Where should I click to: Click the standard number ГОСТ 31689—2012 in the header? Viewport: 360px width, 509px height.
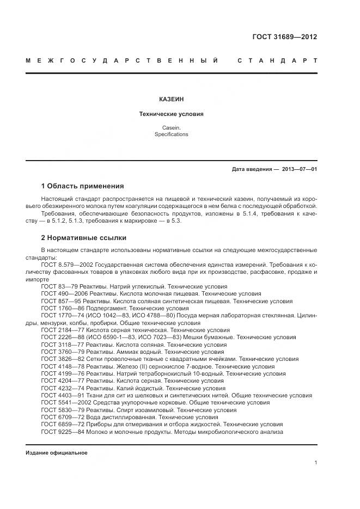click(x=284, y=37)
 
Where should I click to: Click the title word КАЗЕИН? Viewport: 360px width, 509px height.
click(x=171, y=99)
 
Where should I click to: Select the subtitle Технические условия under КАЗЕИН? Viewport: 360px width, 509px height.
click(x=171, y=114)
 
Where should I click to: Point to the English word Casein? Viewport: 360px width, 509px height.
click(x=171, y=127)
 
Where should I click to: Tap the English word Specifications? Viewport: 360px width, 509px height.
click(x=171, y=134)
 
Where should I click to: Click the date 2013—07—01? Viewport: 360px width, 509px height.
click(x=300, y=169)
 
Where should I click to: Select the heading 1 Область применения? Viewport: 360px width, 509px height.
click(x=82, y=186)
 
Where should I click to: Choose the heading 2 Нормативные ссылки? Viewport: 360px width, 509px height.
click(x=83, y=238)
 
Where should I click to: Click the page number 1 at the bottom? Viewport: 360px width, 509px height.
click(x=316, y=463)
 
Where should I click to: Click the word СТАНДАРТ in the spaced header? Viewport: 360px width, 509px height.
click(x=277, y=60)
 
